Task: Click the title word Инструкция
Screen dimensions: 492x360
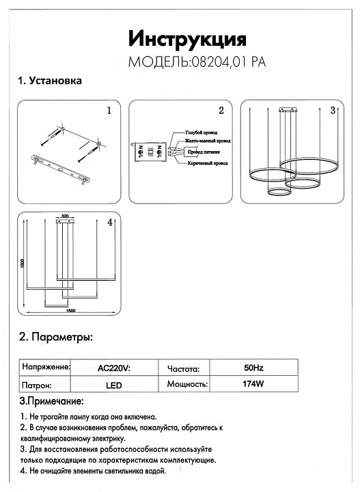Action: tap(187, 38)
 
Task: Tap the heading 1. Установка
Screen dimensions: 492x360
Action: tap(51, 81)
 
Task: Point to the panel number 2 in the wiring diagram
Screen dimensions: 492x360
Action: tap(221, 110)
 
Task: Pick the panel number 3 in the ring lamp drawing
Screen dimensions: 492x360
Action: tap(332, 110)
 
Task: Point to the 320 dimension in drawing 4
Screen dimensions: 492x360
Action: tap(66, 216)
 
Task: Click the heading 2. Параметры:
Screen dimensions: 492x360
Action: tap(55, 338)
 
